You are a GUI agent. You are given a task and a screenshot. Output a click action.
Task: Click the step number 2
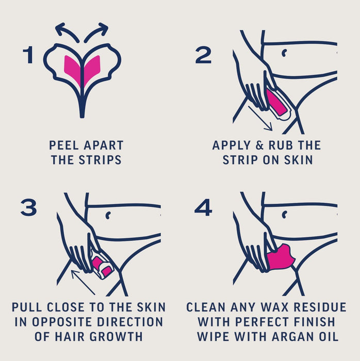click(203, 55)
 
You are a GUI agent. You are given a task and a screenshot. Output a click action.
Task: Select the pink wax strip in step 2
click(275, 102)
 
